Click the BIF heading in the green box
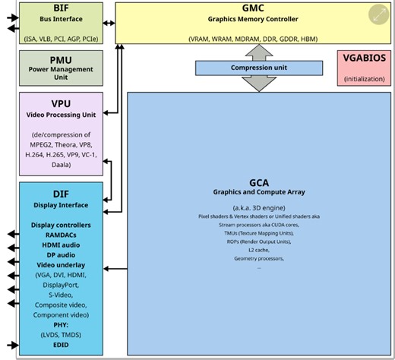tap(62, 8)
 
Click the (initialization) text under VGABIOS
tap(364, 79)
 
